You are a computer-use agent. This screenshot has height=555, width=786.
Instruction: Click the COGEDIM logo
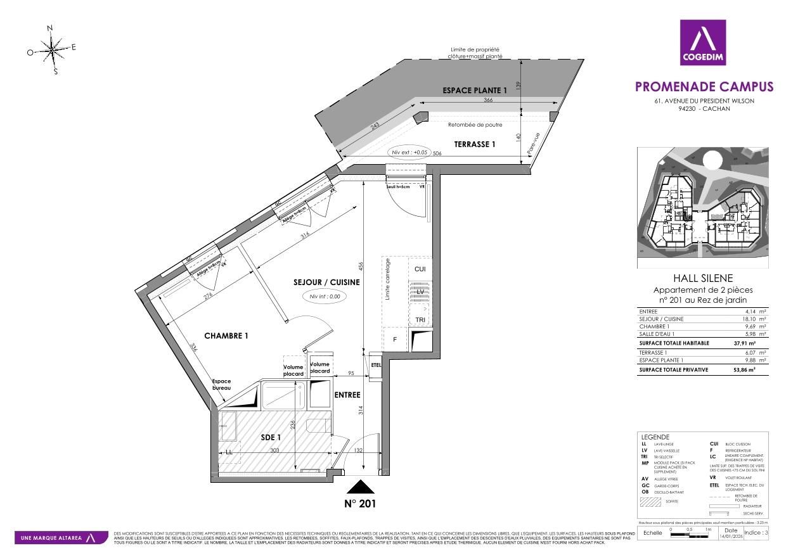click(702, 42)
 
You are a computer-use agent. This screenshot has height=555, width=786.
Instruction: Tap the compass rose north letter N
click(50, 28)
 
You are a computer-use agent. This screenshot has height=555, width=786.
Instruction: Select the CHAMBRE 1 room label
click(226, 335)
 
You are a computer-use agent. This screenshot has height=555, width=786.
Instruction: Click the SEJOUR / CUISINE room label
click(326, 282)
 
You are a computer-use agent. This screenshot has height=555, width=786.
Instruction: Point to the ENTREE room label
click(347, 394)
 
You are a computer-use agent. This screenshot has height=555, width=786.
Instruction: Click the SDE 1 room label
click(271, 437)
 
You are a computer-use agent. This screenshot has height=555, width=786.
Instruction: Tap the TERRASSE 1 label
click(474, 144)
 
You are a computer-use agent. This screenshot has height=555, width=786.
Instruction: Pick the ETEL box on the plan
click(376, 365)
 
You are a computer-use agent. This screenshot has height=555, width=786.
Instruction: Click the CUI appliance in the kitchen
click(420, 269)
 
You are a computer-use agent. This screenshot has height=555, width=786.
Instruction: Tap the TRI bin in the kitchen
click(420, 319)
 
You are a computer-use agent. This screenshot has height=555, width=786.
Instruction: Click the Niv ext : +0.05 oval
click(410, 152)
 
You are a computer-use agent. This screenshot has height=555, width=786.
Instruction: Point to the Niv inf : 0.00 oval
click(325, 296)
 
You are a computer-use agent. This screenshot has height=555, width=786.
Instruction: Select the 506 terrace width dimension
click(437, 153)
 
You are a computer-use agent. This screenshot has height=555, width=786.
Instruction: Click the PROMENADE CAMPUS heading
click(704, 86)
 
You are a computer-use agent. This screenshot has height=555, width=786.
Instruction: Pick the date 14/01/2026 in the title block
click(731, 537)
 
